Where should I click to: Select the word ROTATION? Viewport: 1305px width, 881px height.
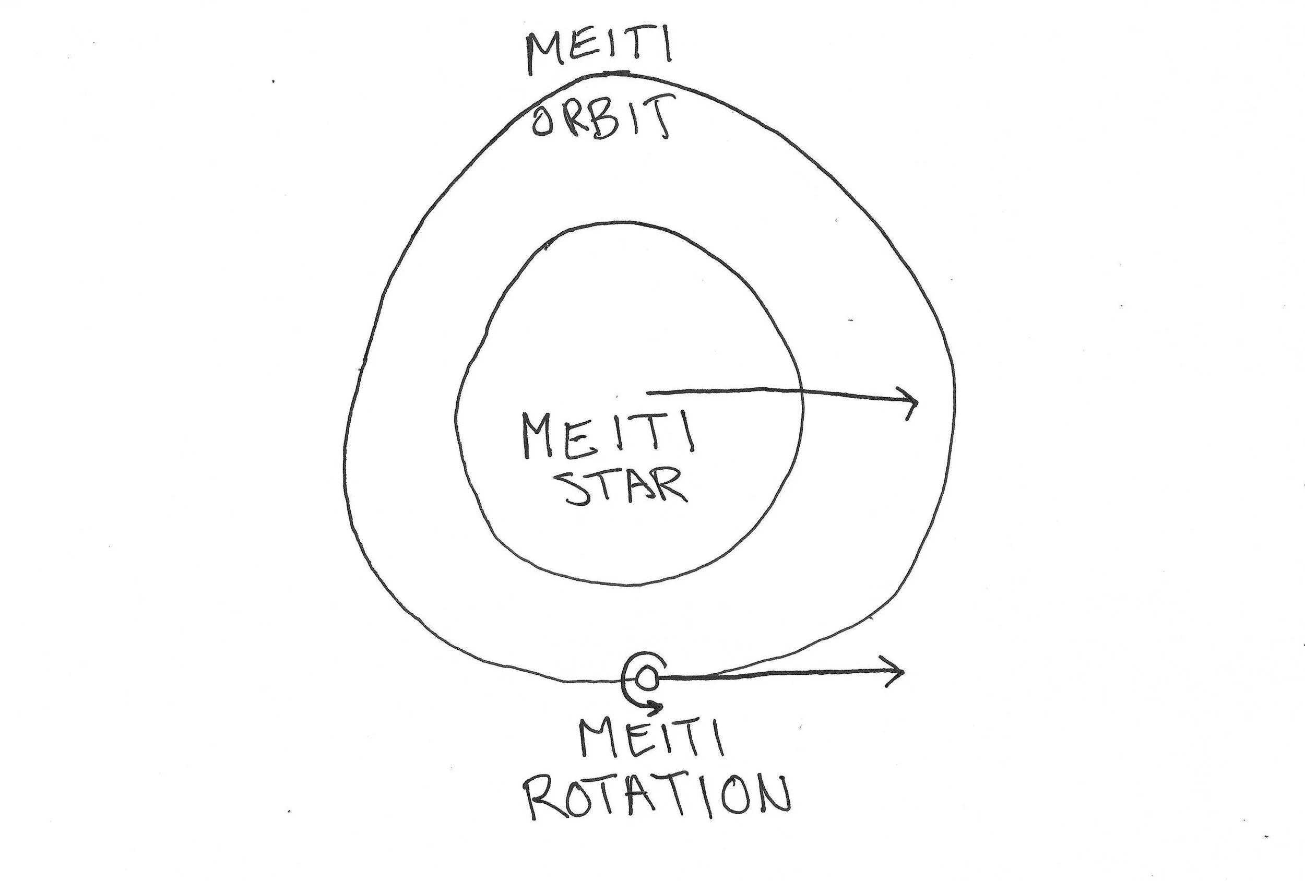[x=658, y=797]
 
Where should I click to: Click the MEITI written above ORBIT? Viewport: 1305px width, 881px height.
[x=599, y=54]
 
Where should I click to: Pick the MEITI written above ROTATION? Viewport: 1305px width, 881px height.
[x=651, y=739]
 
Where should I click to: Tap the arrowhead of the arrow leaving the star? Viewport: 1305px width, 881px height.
[x=913, y=402]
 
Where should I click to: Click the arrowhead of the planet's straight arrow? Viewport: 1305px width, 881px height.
[x=898, y=672]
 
